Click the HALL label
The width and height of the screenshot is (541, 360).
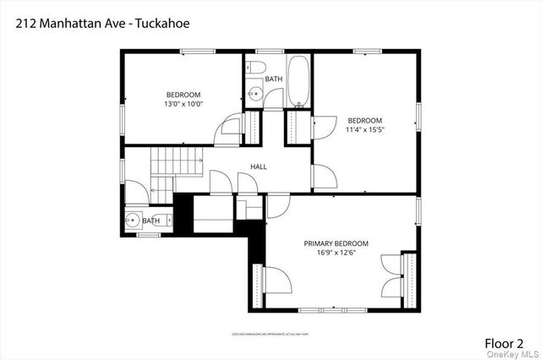[259, 166]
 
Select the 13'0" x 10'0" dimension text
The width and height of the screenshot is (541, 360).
[183, 104]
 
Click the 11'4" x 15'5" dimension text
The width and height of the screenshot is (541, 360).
[365, 130]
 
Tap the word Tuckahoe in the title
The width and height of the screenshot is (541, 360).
[164, 24]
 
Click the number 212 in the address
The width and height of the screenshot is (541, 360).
[25, 24]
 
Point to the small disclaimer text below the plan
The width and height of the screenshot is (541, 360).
[270, 334]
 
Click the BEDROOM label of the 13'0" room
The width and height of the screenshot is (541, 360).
[183, 94]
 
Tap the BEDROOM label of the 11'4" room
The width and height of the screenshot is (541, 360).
[365, 120]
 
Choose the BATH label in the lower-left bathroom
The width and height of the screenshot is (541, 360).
[150, 221]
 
